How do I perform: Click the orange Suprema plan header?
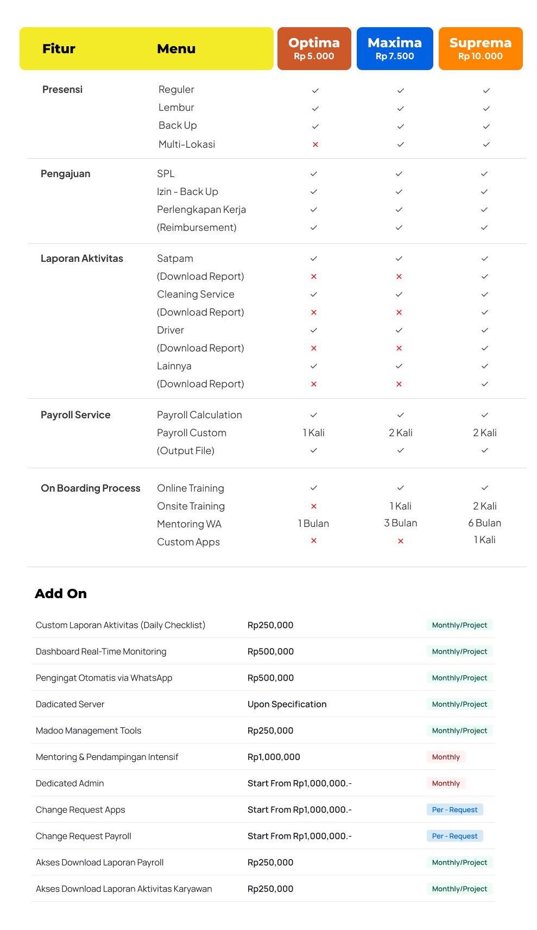[x=481, y=48]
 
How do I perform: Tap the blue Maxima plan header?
[x=395, y=48]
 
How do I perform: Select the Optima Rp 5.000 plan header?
[x=314, y=48]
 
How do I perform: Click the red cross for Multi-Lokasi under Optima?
[x=315, y=144]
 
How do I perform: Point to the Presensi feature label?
[x=62, y=90]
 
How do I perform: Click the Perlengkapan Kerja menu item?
[x=201, y=210]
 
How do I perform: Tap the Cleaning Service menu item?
[x=195, y=294]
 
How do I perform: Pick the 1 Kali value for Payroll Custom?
[x=314, y=433]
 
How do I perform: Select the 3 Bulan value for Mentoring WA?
[x=400, y=523]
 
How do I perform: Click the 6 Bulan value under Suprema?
[x=484, y=523]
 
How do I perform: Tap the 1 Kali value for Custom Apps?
[x=484, y=540]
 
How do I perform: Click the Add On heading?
[x=61, y=594]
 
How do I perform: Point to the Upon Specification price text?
[x=287, y=705]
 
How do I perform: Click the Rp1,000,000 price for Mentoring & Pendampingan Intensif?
[x=274, y=757]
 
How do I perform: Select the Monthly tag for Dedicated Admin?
[x=446, y=783]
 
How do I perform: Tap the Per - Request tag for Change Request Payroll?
[x=454, y=836]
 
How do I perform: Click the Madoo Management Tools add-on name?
[x=89, y=731]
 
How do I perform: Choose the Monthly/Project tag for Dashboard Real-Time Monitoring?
[x=459, y=652]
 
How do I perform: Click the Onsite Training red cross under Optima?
[x=314, y=506]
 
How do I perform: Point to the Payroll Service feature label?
[x=75, y=415]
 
